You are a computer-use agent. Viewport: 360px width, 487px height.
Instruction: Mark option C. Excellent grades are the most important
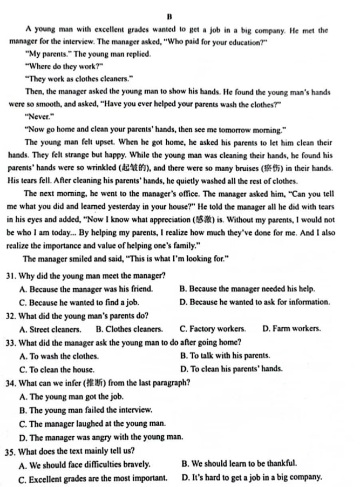92,478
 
